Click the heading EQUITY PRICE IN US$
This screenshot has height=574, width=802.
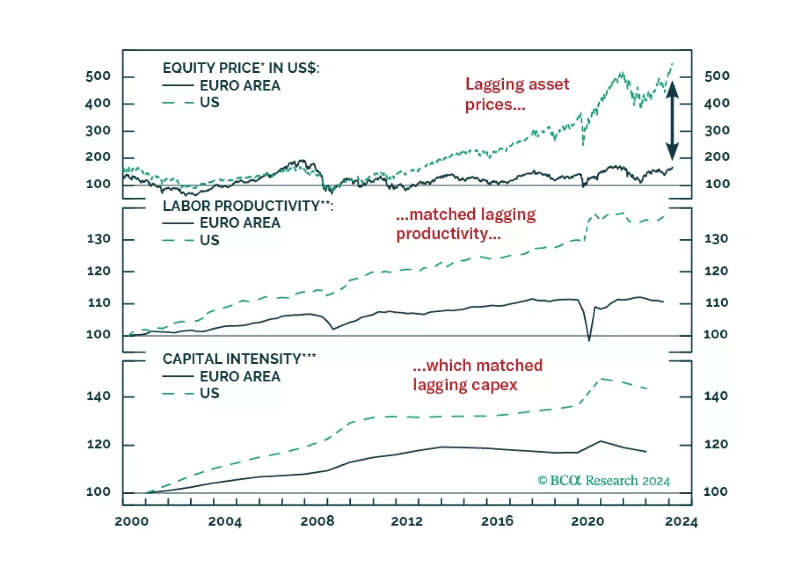241,68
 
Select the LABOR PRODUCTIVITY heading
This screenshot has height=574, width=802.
247,206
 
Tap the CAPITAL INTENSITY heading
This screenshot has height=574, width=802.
239,359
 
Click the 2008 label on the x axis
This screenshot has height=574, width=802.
317,521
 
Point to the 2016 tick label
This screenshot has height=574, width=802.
497,521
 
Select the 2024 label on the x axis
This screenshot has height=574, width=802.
681,522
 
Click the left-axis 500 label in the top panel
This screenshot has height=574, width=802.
98,76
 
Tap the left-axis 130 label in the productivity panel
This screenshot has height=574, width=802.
98,239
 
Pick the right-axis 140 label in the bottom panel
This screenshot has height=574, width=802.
716,396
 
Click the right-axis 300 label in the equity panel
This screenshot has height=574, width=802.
717,130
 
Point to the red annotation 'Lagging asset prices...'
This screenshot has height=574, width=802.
517,94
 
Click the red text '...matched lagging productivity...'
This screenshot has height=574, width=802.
465,224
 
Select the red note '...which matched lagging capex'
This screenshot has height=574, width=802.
477,375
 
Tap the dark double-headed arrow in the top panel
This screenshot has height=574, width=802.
672,120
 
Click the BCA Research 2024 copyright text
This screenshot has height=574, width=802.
603,481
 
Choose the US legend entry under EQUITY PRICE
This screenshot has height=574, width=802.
209,102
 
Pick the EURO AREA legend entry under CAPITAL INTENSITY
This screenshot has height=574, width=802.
239,376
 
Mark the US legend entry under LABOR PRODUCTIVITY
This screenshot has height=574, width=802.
209,240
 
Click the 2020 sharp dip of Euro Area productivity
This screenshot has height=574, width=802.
589,340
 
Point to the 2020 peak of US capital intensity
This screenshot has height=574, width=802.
601,379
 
